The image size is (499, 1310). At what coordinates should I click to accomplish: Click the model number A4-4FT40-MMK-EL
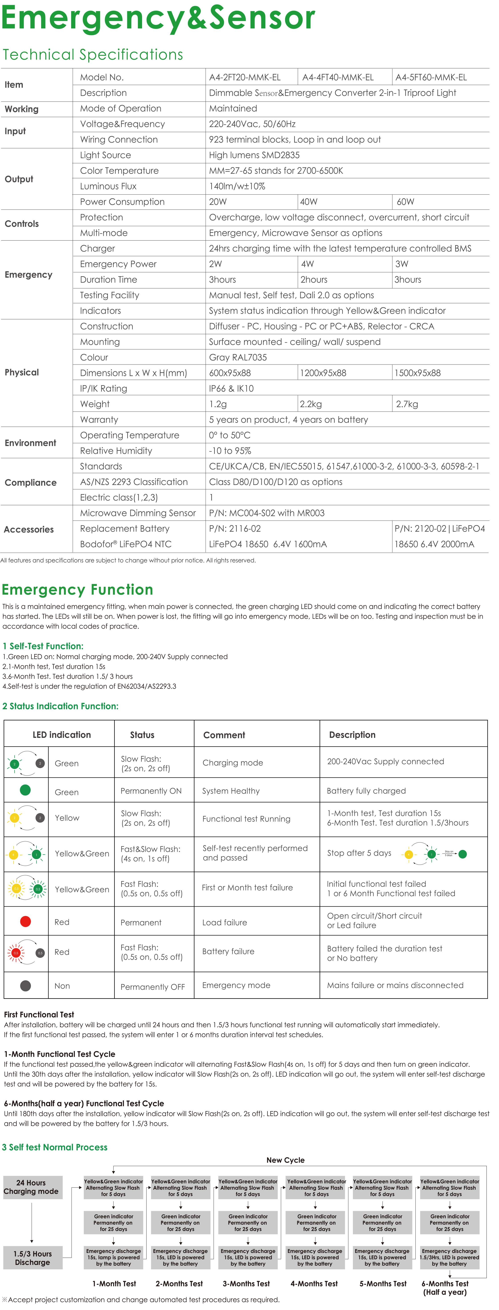[x=338, y=77]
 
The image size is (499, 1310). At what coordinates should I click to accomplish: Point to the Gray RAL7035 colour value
[x=237, y=357]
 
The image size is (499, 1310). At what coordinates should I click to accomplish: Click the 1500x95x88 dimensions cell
[x=418, y=373]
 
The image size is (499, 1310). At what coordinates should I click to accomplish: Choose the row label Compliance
[x=30, y=482]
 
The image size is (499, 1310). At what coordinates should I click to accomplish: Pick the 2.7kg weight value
[x=407, y=404]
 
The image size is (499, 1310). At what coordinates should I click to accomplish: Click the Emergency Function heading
[x=77, y=589]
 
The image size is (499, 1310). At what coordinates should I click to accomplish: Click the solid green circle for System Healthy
[x=25, y=790]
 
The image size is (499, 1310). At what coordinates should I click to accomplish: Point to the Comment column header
[x=224, y=735]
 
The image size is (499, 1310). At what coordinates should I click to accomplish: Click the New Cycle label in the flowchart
[x=285, y=1160]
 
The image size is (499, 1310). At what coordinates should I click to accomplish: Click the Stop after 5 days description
[x=359, y=853]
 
